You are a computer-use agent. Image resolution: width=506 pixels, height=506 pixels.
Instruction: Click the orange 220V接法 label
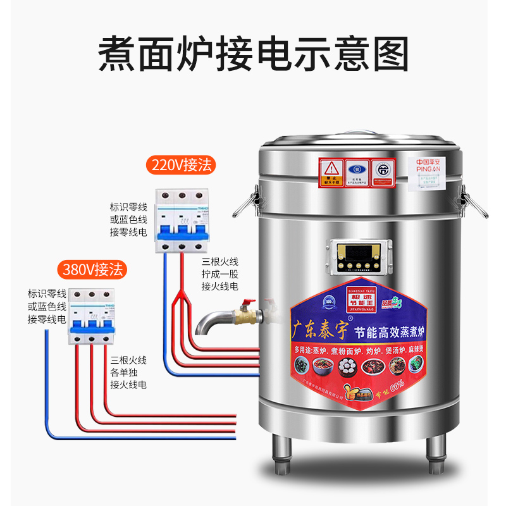[x=182, y=166]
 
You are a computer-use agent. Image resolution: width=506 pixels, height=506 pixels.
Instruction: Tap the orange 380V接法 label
[x=93, y=270]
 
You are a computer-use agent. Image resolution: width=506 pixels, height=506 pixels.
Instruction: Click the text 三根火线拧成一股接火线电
[x=219, y=274]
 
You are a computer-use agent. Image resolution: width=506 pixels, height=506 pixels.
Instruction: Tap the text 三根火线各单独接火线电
[x=128, y=372]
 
